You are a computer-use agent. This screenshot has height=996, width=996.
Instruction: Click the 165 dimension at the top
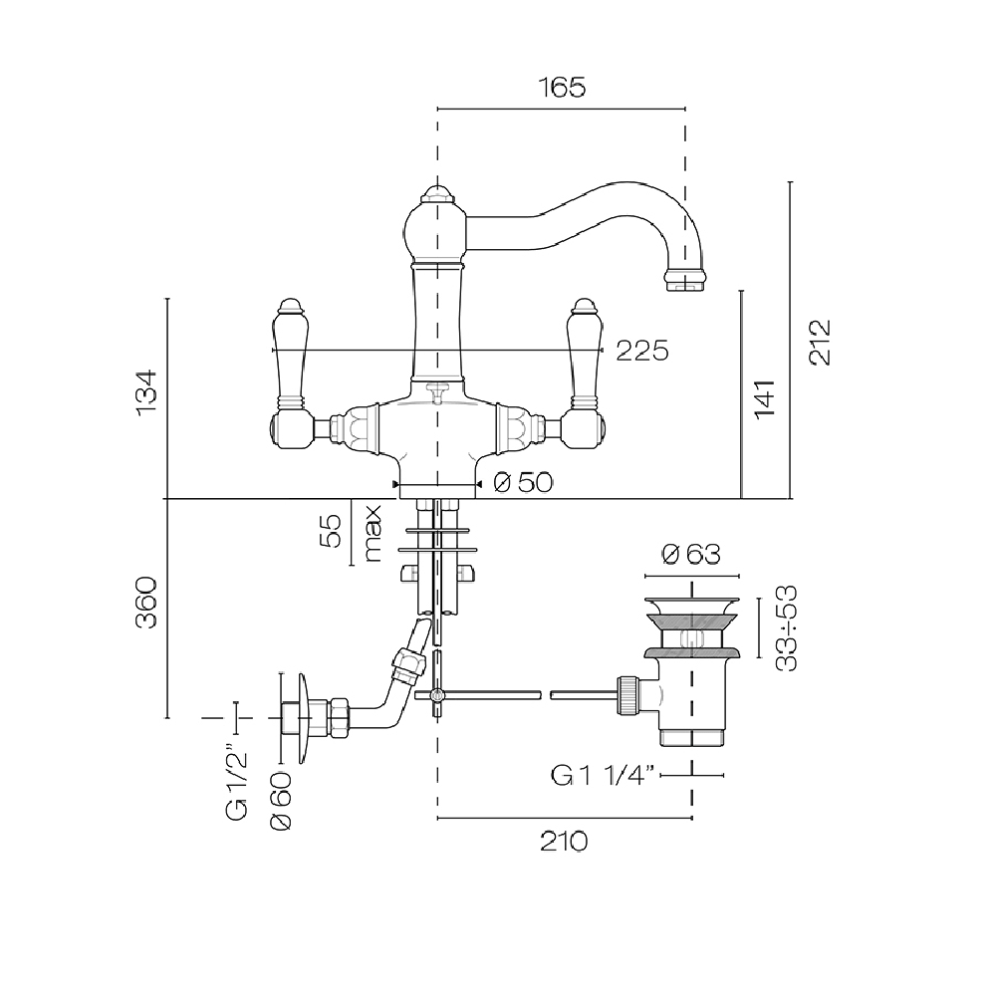point(563,88)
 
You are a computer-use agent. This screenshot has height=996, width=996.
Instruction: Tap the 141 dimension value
point(765,398)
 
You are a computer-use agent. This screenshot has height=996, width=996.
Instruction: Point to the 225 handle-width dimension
point(640,351)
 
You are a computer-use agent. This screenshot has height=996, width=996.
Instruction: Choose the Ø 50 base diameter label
point(522,483)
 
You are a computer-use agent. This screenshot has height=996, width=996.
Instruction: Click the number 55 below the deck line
point(334,531)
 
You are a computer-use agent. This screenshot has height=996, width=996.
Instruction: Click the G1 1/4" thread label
point(603,775)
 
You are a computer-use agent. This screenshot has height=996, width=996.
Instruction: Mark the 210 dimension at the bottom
point(564,842)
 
